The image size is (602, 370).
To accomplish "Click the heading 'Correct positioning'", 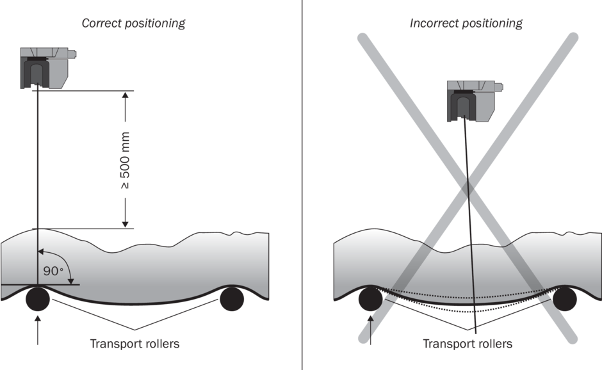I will click(133, 24).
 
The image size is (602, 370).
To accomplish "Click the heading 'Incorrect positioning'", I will click(466, 24).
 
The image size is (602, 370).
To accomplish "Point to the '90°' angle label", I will click(53, 271).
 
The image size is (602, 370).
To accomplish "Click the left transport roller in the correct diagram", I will click(38, 298).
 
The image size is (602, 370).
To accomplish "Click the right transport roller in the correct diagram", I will click(232, 298).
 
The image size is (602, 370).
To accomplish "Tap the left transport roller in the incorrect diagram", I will click(371, 298).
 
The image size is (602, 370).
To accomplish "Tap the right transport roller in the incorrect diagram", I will click(565, 298).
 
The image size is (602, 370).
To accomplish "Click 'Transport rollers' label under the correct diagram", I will click(134, 344).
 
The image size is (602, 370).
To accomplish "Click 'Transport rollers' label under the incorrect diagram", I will click(468, 344).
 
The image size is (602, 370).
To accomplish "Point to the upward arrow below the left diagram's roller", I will click(38, 330).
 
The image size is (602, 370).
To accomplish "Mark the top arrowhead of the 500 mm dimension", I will click(125, 97).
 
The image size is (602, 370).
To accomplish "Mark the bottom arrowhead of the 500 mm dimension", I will click(125, 222).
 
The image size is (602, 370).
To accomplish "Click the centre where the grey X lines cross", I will click(469, 188).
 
